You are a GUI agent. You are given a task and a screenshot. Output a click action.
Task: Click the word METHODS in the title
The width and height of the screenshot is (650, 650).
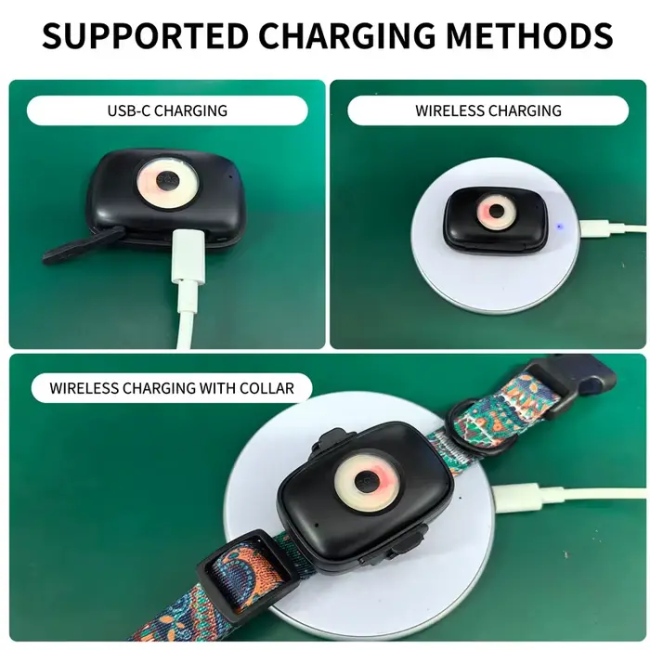tap(529, 35)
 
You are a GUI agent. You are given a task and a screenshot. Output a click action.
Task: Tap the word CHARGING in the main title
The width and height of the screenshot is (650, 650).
tap(347, 35)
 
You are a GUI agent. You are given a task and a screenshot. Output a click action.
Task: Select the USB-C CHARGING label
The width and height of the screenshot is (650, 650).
tap(167, 110)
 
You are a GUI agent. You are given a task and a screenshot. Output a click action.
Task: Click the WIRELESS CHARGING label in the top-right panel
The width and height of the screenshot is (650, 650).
tap(488, 110)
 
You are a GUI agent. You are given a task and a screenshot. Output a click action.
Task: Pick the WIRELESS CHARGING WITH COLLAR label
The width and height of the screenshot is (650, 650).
tap(172, 388)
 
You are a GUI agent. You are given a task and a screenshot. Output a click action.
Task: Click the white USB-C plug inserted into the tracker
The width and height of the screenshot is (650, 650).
tap(188, 256)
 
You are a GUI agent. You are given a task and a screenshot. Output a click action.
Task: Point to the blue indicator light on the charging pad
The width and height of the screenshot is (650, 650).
tap(560, 227)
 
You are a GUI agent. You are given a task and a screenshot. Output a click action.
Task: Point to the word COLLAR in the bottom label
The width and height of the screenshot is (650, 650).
tap(266, 388)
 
